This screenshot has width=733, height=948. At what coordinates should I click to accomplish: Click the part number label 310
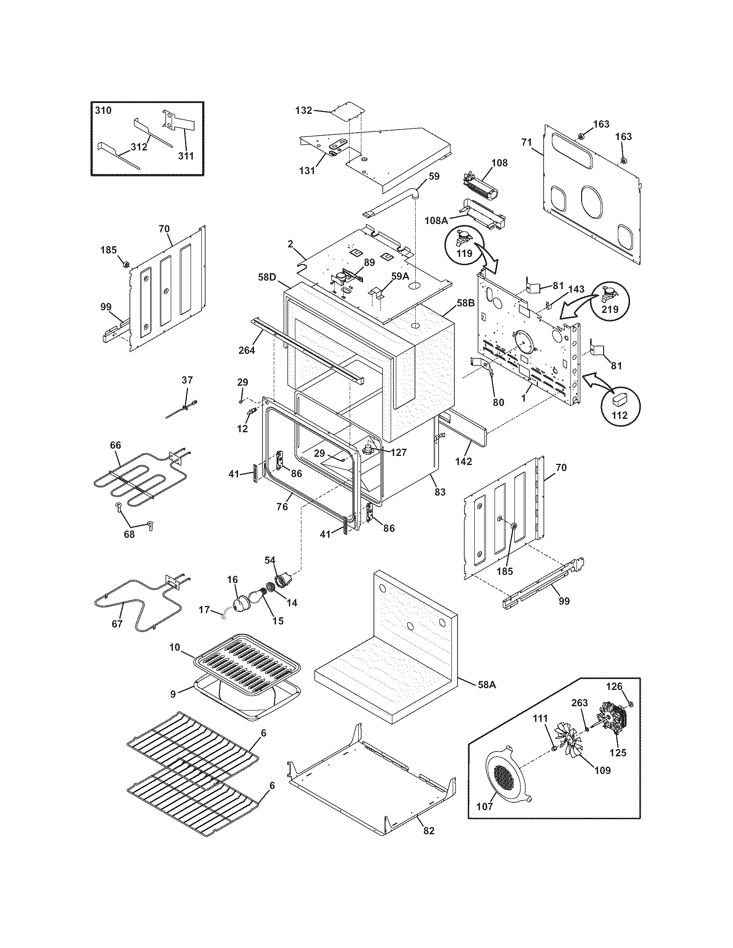103,110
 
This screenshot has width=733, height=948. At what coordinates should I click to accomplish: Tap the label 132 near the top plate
304,110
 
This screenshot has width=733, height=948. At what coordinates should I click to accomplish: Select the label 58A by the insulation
486,685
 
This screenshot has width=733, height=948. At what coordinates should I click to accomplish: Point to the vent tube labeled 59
393,201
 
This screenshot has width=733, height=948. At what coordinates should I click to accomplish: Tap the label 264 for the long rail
247,349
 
